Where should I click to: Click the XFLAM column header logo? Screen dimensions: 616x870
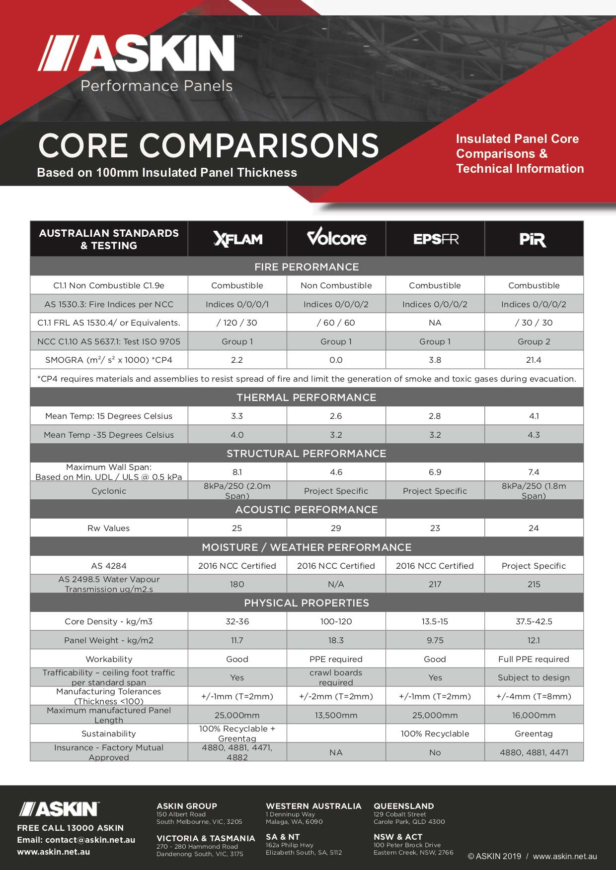click(237, 239)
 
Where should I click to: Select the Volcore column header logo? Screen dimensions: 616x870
click(336, 238)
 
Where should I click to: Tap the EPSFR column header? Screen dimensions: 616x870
click(436, 239)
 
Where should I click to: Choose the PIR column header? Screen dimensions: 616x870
click(533, 240)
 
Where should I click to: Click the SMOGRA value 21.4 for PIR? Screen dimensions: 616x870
click(534, 360)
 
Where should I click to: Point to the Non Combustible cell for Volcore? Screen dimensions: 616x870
click(336, 285)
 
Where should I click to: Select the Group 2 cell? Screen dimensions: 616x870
click(534, 341)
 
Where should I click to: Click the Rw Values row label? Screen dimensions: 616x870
click(108, 528)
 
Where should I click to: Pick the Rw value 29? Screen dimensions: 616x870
click(336, 528)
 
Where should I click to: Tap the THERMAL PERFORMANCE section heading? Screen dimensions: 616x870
click(307, 398)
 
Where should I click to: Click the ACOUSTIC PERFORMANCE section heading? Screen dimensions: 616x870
click(307, 510)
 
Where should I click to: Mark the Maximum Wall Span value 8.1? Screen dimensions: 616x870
click(237, 472)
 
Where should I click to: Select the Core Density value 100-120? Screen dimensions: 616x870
click(336, 621)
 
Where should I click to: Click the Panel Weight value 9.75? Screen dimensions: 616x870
click(435, 640)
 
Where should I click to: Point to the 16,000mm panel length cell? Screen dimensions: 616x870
click(534, 715)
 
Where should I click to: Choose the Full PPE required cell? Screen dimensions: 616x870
click(534, 659)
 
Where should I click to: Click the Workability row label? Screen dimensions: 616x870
click(109, 659)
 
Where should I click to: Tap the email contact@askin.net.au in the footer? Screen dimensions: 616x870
click(90, 840)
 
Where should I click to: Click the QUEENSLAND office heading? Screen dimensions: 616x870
click(404, 806)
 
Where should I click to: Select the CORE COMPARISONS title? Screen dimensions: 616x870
click(209, 145)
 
